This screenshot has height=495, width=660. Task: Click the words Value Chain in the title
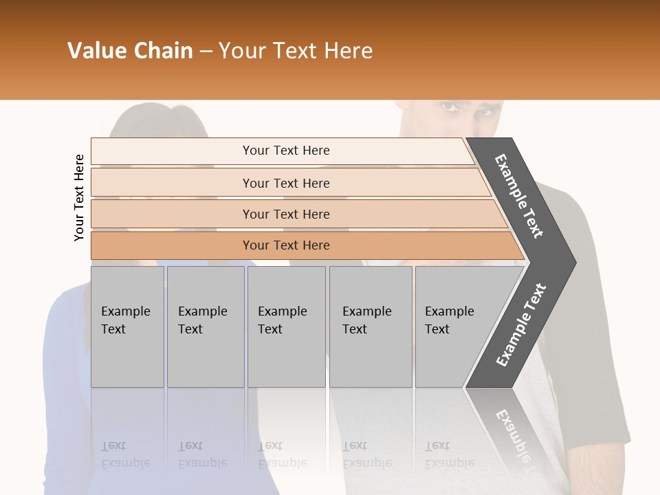click(x=130, y=51)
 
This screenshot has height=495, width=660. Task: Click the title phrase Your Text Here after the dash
click(x=296, y=51)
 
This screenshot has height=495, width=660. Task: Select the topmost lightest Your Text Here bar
click(x=286, y=151)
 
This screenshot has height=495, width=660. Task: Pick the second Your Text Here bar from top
click(x=286, y=183)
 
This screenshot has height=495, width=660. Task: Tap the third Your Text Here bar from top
click(x=286, y=214)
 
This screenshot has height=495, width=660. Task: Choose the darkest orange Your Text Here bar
click(x=286, y=245)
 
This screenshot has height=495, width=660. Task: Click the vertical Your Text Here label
click(x=79, y=197)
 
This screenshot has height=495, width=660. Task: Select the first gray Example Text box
click(x=127, y=326)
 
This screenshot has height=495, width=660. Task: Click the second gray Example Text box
click(x=205, y=326)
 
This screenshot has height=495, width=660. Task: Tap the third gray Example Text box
click(x=286, y=326)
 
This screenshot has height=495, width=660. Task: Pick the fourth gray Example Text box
click(x=370, y=326)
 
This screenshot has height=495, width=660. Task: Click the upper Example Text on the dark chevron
click(x=520, y=196)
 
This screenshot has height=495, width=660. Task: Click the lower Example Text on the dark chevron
click(x=521, y=325)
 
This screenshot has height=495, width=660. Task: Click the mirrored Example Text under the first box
click(x=126, y=454)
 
